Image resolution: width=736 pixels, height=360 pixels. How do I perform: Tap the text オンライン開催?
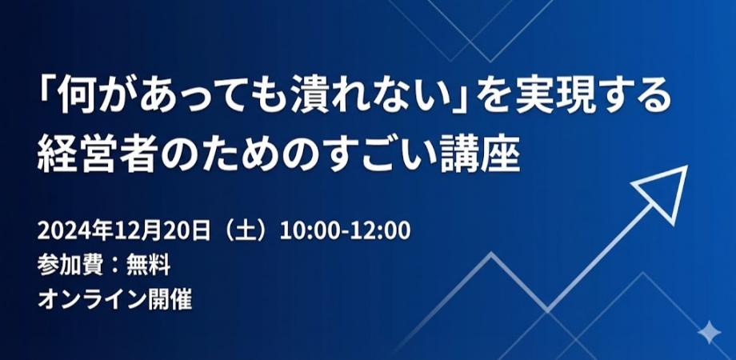(115, 299)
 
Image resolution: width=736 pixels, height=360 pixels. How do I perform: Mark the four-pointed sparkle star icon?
(708, 333)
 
